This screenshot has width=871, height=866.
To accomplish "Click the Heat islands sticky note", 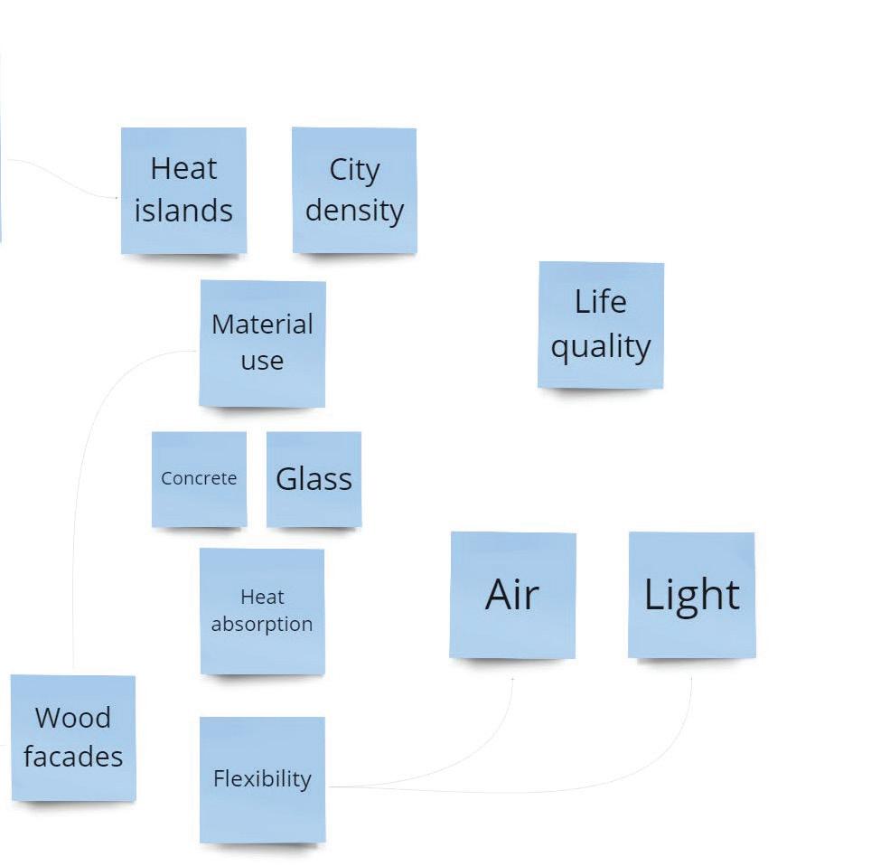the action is [183, 190].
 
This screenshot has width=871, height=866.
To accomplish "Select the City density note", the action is [354, 190].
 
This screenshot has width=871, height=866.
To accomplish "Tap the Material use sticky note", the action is [262, 343].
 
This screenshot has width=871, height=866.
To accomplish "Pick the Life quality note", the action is [601, 325].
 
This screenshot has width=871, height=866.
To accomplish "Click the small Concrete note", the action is [199, 479].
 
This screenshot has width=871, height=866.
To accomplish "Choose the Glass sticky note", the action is [314, 479].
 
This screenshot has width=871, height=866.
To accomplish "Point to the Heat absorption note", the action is [262, 611].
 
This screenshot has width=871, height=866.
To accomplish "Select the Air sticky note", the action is [512, 595].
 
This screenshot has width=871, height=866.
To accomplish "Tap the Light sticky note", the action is [691, 595].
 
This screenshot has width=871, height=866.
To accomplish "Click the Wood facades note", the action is [73, 738].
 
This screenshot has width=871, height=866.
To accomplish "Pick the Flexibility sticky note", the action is [262, 779].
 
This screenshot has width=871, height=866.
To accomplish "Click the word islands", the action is [183, 211].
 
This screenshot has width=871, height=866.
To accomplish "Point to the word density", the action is [354, 211].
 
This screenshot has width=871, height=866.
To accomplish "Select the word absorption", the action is [262, 625].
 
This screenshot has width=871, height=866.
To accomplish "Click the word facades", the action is [73, 757].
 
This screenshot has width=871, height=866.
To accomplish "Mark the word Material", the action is [262, 325].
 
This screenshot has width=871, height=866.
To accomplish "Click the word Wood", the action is [73, 718].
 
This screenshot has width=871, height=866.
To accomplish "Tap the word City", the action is [354, 170].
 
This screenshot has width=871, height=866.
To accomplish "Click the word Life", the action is [601, 302].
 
